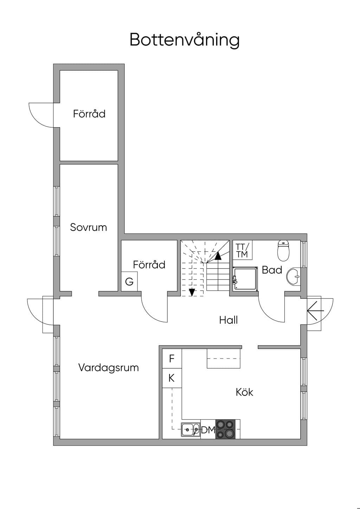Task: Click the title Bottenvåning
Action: [184, 40]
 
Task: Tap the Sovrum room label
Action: [88, 227]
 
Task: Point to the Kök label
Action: [244, 392]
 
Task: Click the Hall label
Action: [229, 320]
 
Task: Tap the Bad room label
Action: [272, 270]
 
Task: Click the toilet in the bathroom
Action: [283, 250]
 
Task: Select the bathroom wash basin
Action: [294, 276]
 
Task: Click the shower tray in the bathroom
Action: [245, 279]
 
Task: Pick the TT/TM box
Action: [242, 250]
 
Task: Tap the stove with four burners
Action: [225, 429]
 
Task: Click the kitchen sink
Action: [191, 430]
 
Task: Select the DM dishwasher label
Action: [208, 430]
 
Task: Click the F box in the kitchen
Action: [172, 359]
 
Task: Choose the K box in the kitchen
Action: [172, 378]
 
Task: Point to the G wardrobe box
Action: [129, 282]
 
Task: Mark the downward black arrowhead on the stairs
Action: [192, 292]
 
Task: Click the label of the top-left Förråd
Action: [89, 114]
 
